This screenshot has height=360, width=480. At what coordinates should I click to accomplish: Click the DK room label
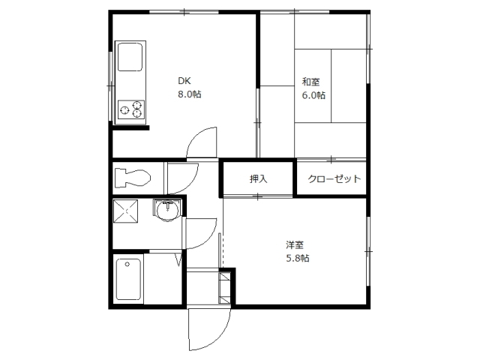[x=184, y=81]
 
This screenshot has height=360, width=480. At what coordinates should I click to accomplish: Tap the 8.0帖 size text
[x=190, y=94]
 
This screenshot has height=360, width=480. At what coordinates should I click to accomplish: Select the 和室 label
[x=311, y=82]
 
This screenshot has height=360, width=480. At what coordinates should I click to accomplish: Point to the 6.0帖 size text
[x=313, y=95]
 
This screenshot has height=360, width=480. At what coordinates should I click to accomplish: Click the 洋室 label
[x=295, y=245]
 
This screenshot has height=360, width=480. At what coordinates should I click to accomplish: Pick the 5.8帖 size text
[x=298, y=258]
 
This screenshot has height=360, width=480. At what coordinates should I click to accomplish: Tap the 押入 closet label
[x=258, y=178]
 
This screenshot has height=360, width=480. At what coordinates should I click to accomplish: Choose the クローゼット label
[x=334, y=178]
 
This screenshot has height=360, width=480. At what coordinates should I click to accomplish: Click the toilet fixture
[x=133, y=177]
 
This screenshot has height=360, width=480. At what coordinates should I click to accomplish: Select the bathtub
[x=129, y=280]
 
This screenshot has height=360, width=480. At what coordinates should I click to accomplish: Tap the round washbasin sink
[x=167, y=210]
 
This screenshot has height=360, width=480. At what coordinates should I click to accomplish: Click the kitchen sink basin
[x=130, y=57]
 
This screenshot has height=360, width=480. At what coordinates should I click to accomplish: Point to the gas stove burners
[x=131, y=109]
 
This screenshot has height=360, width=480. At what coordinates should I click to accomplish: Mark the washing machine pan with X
[x=125, y=211]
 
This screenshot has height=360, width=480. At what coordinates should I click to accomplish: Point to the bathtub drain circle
[x=127, y=264]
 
